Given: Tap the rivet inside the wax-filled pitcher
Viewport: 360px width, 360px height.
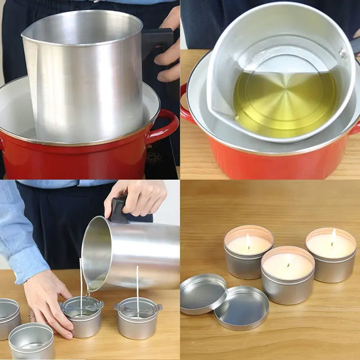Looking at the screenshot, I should [x=343, y=54].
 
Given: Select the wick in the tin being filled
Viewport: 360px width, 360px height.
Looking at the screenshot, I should [x=81, y=283].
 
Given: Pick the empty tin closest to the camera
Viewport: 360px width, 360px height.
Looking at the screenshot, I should [x=31, y=342].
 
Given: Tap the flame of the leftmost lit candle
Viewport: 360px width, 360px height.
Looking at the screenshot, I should [x=248, y=240].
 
